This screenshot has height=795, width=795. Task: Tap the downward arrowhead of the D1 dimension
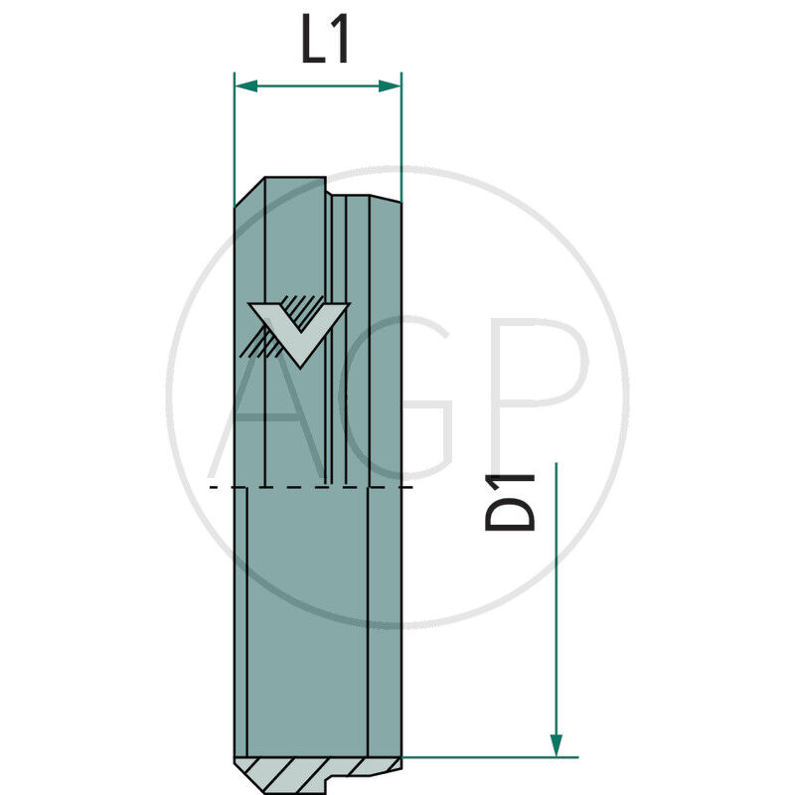point(556,744)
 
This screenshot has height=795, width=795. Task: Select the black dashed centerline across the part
point(318,487)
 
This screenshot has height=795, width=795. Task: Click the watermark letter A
point(268,397)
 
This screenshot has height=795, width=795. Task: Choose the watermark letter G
point(397,397)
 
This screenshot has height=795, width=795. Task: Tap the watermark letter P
point(537,397)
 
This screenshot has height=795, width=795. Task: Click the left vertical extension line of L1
point(234,139)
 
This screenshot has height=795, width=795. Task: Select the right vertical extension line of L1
point(400,139)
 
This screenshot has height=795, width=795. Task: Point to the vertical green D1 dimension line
point(556,596)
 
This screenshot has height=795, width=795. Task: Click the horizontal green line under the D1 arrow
point(487,756)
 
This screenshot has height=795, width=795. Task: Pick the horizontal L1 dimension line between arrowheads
point(318,86)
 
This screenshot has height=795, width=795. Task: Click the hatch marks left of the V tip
point(260,342)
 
